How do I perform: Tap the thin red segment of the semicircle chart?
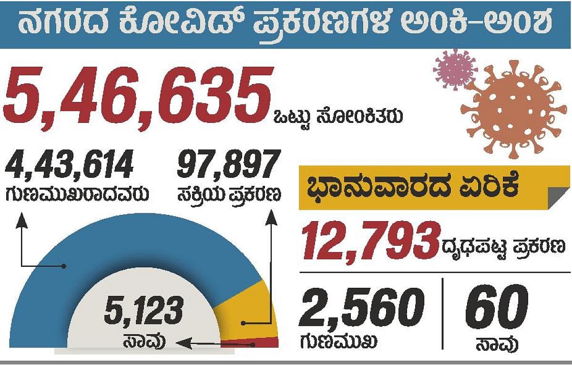pyautogui.click(x=257, y=343)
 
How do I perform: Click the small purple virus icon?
pyautogui.click(x=455, y=69)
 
